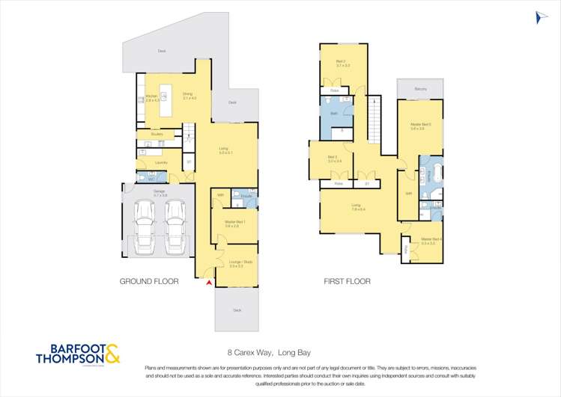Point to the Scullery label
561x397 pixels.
pos(157,135)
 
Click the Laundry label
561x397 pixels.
pos(160,162)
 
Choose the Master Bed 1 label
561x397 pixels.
pos(231,224)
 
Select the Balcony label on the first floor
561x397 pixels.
pos(421,90)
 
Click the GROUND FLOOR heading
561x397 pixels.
pos(149,283)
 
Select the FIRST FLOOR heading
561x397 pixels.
pos(347,283)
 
